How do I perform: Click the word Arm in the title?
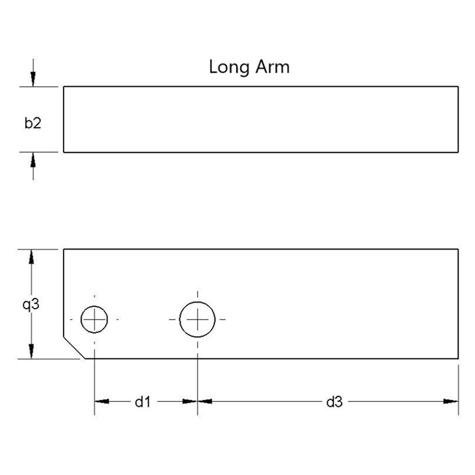272,67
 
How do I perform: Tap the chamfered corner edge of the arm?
74,347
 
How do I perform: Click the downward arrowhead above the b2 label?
33,79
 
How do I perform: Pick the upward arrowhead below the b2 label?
33,160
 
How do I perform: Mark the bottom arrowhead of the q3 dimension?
31,351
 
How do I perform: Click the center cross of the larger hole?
197,320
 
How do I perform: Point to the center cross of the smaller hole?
94,320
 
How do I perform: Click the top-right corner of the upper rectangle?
458,86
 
